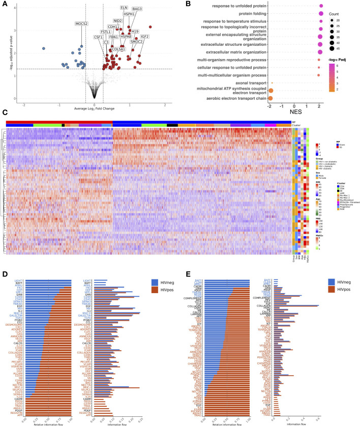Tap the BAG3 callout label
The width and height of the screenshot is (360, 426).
(137, 9)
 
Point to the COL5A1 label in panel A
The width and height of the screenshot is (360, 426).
(105, 49)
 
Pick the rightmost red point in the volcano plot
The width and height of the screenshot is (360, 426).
(151, 26)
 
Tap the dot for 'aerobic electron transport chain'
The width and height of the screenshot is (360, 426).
(271, 97)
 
